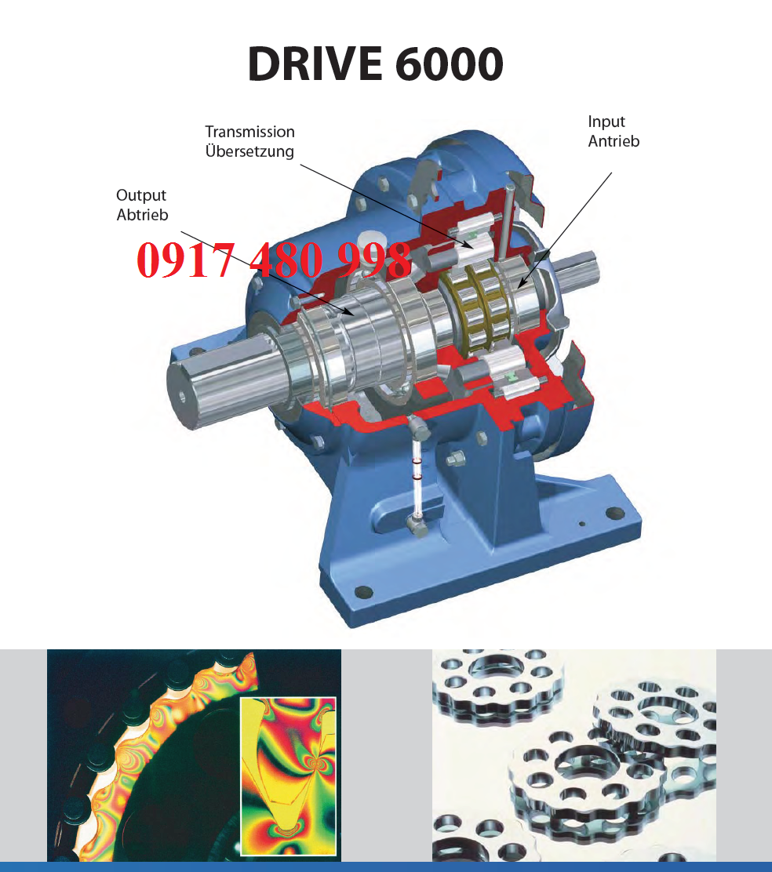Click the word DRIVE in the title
click(315, 64)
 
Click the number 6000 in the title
click(450, 64)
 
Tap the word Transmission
click(249, 132)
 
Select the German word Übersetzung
click(249, 151)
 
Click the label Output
click(141, 195)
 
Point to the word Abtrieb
click(142, 215)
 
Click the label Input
click(606, 122)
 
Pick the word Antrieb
click(614, 141)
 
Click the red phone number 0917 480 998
click(274, 260)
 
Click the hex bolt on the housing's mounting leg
click(456, 460)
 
